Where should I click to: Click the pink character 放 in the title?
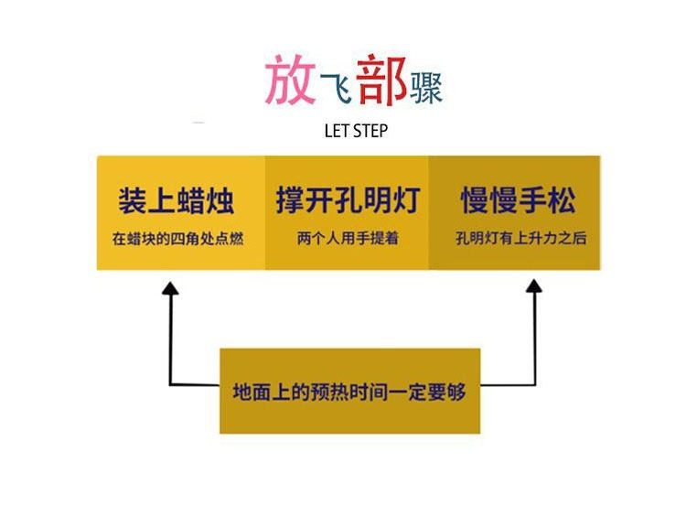coord(290,80)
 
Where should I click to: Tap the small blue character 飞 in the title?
coord(335,87)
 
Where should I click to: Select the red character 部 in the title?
coord(381,80)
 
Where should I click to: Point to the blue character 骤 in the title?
coord(425,88)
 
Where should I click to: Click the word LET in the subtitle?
coord(337,131)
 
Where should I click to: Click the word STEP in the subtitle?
coord(370,131)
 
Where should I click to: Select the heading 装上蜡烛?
coord(177,200)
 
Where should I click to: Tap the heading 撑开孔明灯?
coord(348,200)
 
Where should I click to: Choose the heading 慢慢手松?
coord(519,200)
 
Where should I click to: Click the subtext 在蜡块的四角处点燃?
coord(177,239)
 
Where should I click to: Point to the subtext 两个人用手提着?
coord(348,238)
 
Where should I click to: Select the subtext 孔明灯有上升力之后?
coord(521,238)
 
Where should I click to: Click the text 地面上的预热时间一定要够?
coord(349,392)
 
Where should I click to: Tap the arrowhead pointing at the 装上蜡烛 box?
coord(171,288)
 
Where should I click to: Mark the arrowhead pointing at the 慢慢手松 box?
coord(534,285)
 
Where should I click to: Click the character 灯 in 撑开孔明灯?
coord(406,200)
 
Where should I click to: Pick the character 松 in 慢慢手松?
coord(563,200)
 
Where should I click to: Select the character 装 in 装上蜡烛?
coord(132,200)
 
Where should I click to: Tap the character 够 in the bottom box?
coord(456,392)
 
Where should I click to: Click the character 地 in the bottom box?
coord(242,392)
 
